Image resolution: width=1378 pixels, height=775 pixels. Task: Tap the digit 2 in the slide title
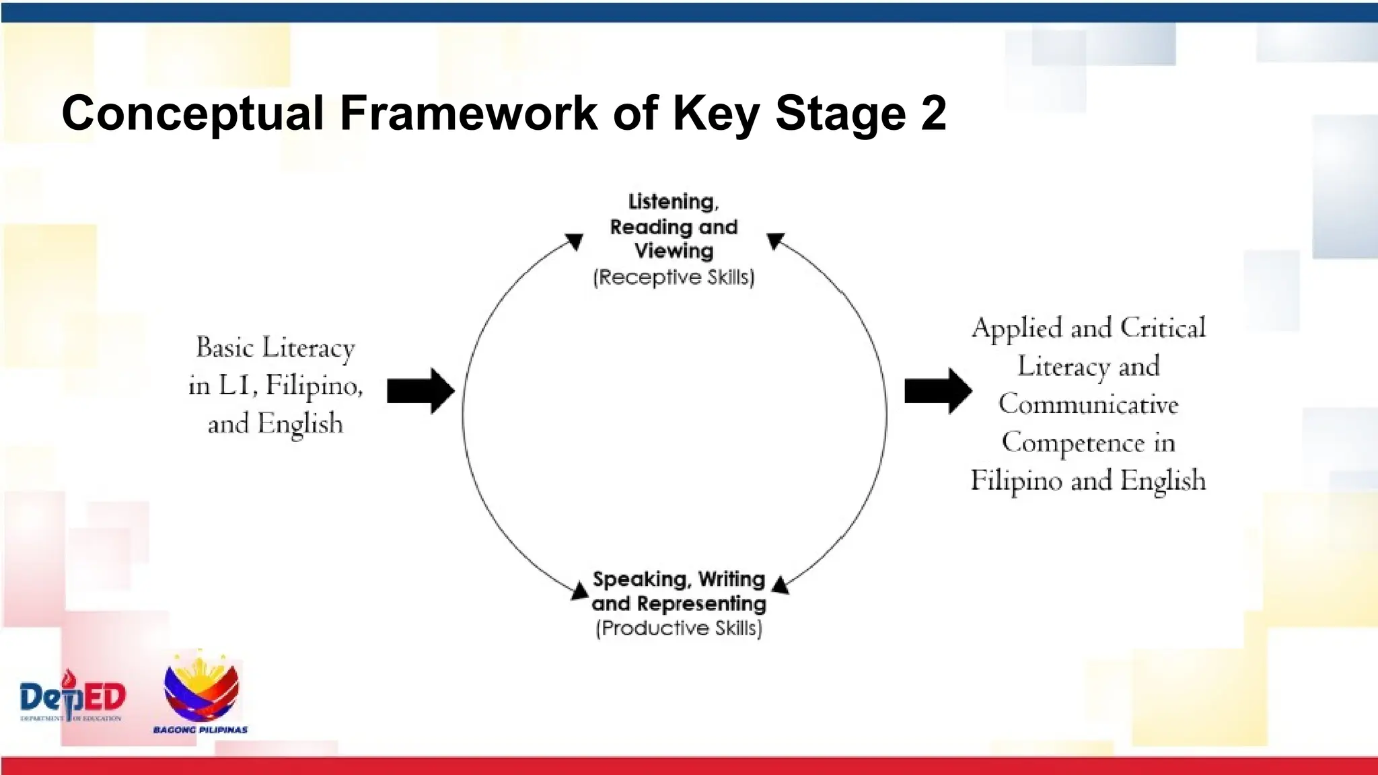934,113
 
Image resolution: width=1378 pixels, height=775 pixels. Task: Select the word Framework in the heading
468,113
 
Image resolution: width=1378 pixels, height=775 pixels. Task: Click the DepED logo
72,697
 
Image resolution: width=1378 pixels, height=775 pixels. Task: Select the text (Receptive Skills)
674,277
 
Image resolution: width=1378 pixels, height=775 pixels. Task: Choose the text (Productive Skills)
679,628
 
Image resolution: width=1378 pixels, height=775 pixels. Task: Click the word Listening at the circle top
673,201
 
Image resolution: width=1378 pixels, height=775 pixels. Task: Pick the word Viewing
674,251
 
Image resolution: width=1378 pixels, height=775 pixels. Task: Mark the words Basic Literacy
275,348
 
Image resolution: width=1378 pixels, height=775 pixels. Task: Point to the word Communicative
1088,404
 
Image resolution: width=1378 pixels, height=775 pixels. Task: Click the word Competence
1073,443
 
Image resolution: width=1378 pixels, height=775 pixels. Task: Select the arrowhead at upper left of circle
575,242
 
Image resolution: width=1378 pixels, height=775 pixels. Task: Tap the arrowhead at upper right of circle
775,241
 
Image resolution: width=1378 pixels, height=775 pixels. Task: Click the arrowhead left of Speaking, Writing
579,591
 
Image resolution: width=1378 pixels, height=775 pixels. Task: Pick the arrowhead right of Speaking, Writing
781,585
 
